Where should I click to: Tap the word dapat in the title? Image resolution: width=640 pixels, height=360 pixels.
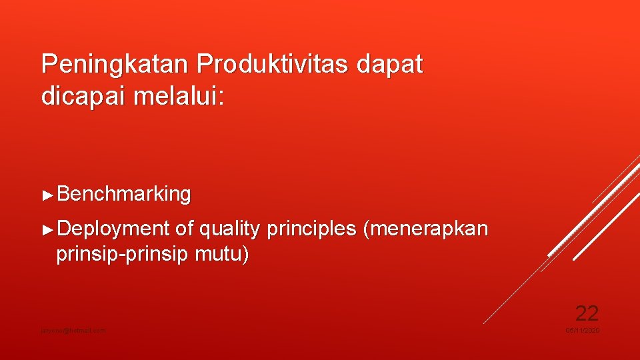(x=390, y=65)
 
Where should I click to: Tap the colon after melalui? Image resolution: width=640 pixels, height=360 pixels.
(x=221, y=97)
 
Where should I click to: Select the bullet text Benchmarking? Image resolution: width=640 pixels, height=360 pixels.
(x=124, y=195)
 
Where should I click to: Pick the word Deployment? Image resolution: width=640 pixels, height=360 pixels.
(x=113, y=229)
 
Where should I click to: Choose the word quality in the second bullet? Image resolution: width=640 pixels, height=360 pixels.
(x=229, y=229)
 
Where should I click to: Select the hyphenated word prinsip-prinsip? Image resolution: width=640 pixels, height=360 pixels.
(x=123, y=255)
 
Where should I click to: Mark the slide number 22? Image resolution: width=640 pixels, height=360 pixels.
(x=587, y=313)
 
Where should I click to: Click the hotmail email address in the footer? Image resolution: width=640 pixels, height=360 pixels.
(x=73, y=331)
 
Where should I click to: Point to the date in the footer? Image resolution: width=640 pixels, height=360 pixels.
(x=583, y=331)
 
